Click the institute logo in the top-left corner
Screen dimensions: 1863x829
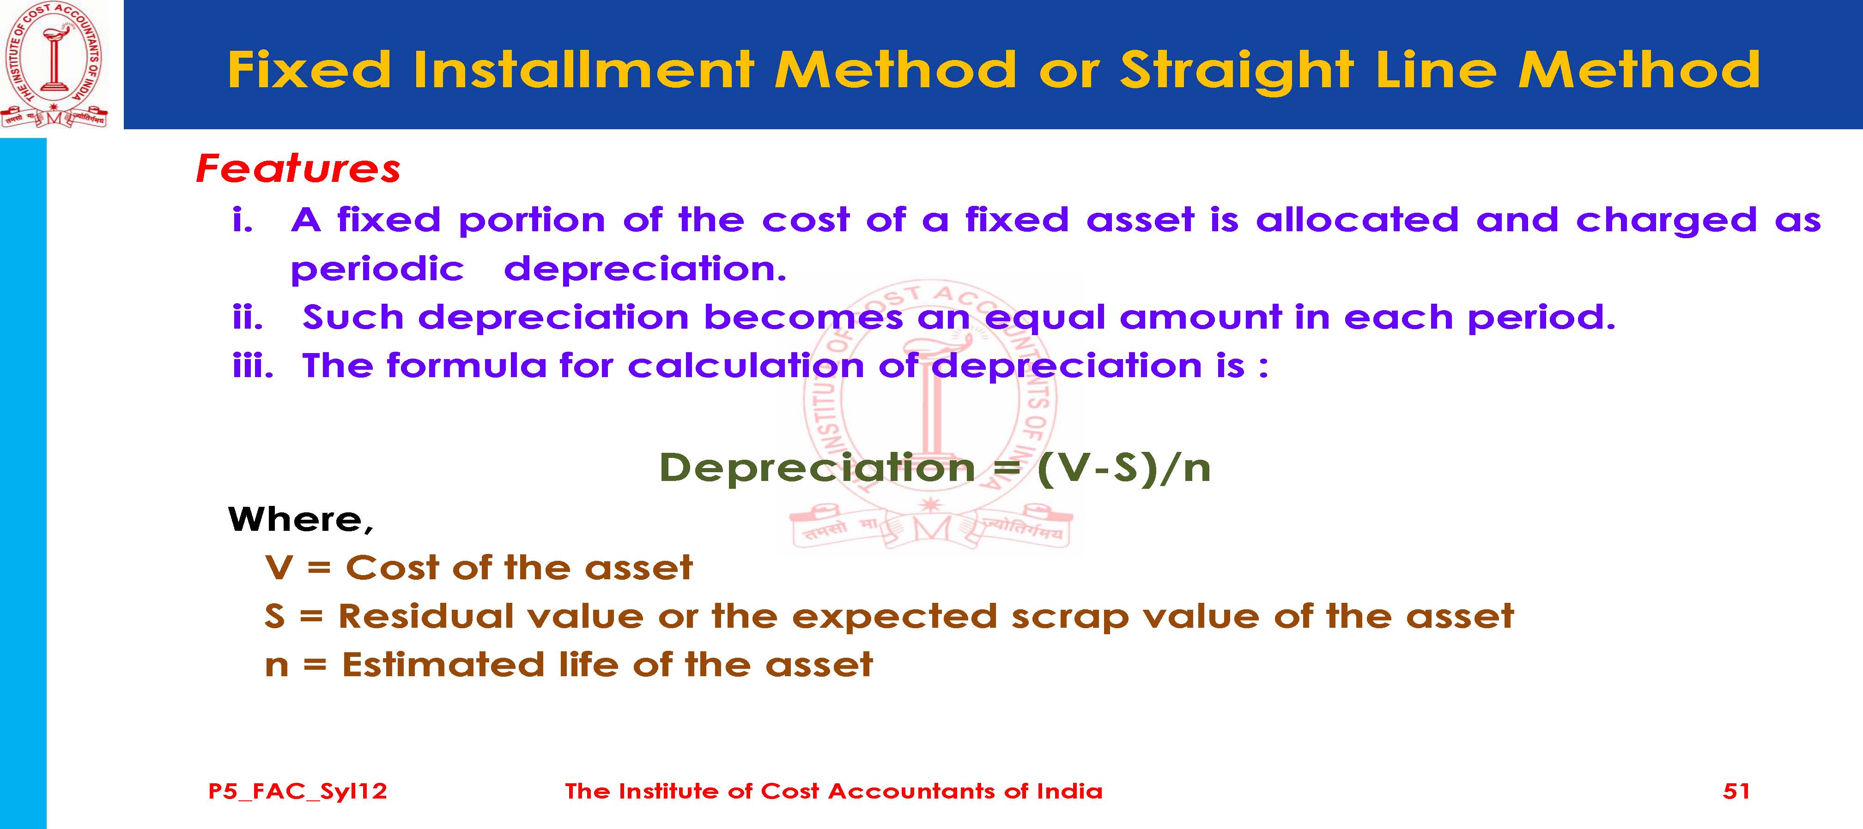(54, 65)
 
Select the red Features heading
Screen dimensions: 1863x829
(298, 168)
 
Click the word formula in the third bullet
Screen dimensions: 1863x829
(467, 365)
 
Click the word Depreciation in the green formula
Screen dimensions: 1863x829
(817, 469)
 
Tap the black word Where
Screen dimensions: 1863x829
(300, 520)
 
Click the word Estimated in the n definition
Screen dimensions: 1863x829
(443, 665)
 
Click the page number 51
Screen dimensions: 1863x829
(1736, 791)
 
